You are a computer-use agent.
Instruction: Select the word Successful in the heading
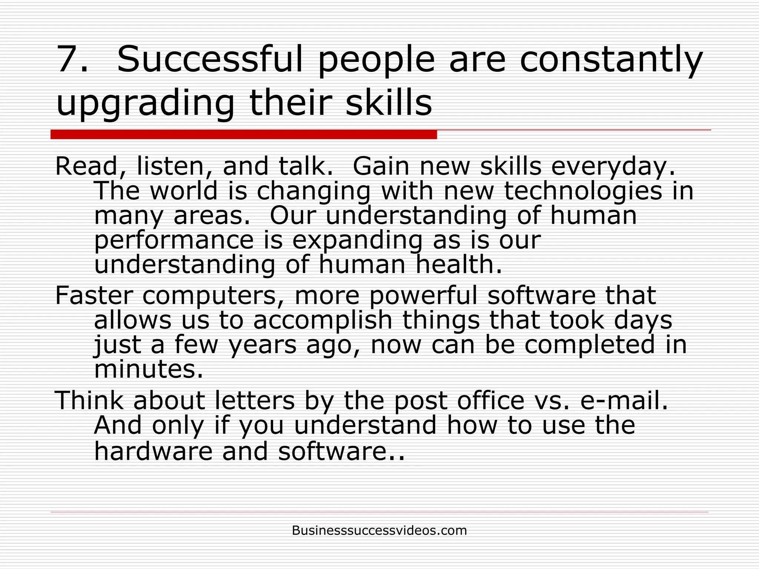[x=209, y=59]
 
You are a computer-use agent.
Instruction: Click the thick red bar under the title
[x=243, y=134]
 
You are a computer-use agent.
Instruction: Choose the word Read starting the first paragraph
[x=86, y=166]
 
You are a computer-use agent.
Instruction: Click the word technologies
[x=583, y=191]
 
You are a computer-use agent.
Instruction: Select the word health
[x=458, y=264]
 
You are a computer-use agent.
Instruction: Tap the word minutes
[x=149, y=369]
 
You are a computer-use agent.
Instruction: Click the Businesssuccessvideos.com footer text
[x=379, y=530]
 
